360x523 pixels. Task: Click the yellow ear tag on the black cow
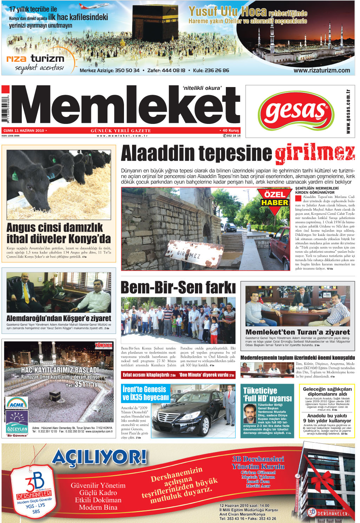coord(15,175)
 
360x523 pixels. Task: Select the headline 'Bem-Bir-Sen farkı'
coord(178,287)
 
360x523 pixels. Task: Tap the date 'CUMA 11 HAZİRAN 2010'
coord(24,131)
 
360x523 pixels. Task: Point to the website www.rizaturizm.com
coord(321,71)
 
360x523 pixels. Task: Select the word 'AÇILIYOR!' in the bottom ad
coord(99,458)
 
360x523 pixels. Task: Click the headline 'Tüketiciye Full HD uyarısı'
coord(267,394)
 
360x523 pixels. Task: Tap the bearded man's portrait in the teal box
coord(250,413)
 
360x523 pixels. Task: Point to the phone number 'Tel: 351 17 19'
coord(81,385)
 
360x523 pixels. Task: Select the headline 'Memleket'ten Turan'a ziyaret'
coord(297,332)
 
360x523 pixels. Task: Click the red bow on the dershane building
coord(318,481)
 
